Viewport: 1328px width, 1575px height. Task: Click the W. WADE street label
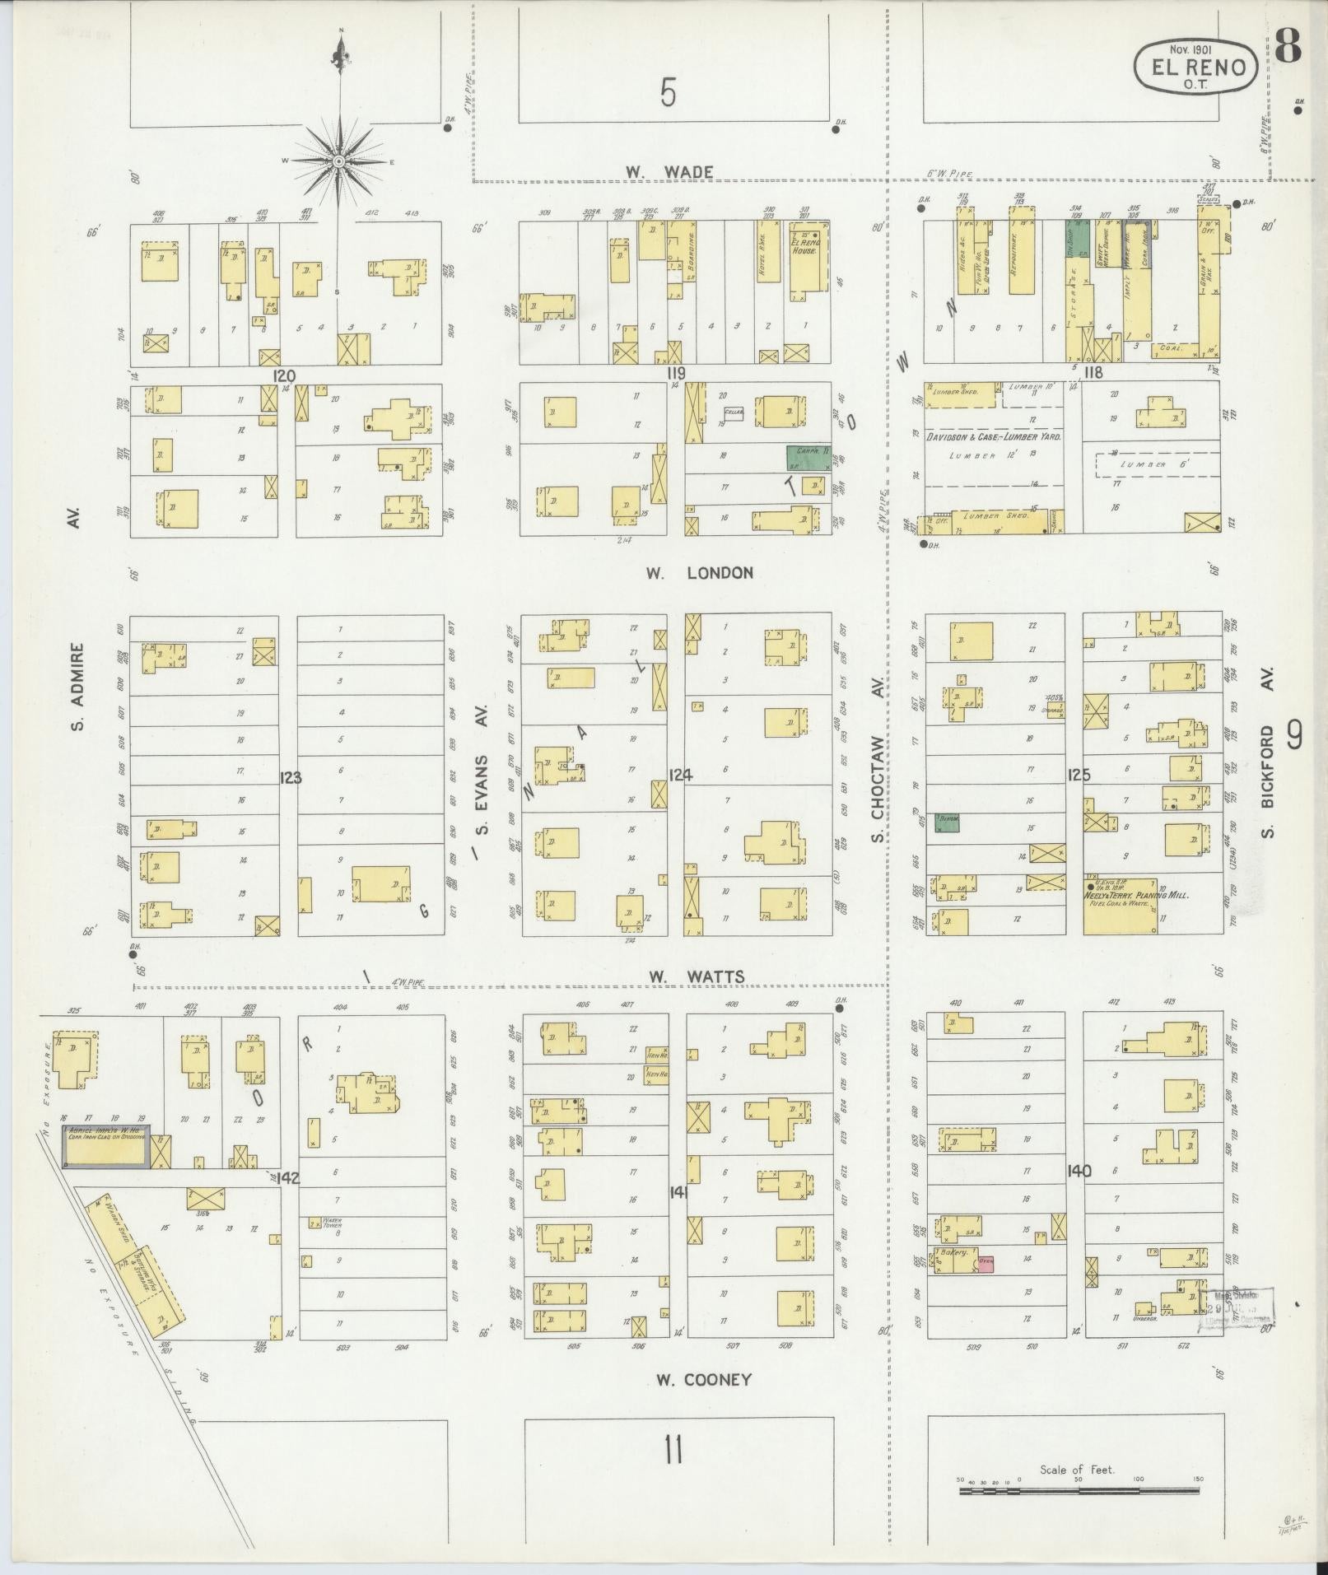coord(668,172)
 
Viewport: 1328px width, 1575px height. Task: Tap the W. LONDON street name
coord(699,573)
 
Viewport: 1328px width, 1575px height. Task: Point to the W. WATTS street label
coord(696,977)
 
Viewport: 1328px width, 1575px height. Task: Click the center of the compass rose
coord(338,161)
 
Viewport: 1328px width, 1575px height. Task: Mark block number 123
coord(291,776)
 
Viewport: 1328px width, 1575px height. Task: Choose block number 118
coord(1093,373)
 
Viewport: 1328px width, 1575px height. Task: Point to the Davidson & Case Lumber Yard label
coord(994,437)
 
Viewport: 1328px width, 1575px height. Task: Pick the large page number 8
coord(1288,49)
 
